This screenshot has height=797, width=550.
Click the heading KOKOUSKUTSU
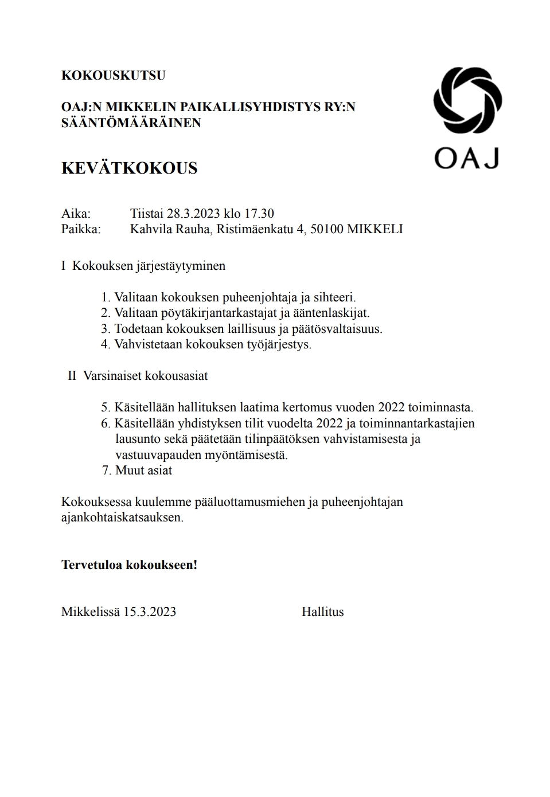113,76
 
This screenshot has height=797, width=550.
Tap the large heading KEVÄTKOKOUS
129,168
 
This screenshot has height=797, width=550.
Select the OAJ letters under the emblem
466,158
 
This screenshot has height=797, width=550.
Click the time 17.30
259,214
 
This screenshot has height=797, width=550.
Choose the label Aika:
76,214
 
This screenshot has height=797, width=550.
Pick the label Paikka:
81,229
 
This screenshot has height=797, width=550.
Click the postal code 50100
327,229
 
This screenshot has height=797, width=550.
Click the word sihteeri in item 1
334,297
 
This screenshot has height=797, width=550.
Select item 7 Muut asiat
137,470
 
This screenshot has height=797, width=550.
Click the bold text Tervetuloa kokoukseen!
129,565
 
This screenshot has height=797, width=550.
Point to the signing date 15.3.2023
149,612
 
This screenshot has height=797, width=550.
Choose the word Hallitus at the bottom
322,612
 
